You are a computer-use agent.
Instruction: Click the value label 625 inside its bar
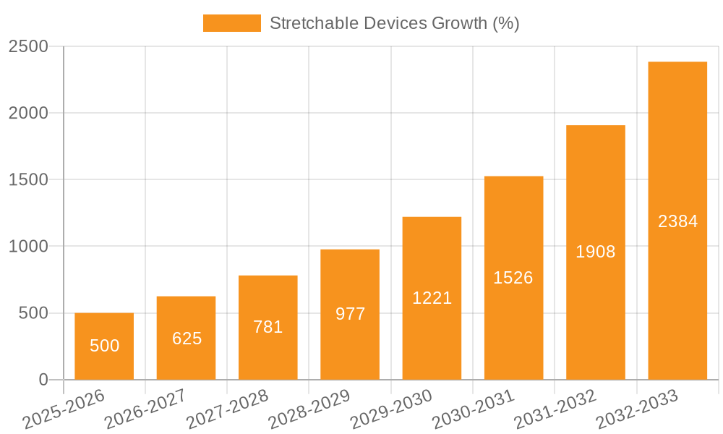point(187,339)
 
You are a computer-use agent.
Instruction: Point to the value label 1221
point(432,298)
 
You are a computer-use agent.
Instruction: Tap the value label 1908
point(596,252)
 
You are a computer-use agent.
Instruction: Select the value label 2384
point(677,221)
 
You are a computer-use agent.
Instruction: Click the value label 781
point(268,327)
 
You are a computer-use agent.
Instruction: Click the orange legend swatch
point(231,23)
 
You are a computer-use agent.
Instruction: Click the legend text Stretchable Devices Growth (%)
point(394,23)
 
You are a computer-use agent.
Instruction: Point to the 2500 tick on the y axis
point(28,47)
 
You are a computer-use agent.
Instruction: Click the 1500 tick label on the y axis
point(28,180)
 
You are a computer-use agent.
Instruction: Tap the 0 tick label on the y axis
point(43,380)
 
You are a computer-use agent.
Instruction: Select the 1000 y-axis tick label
point(28,247)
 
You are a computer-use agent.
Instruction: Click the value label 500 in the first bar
point(104,346)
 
